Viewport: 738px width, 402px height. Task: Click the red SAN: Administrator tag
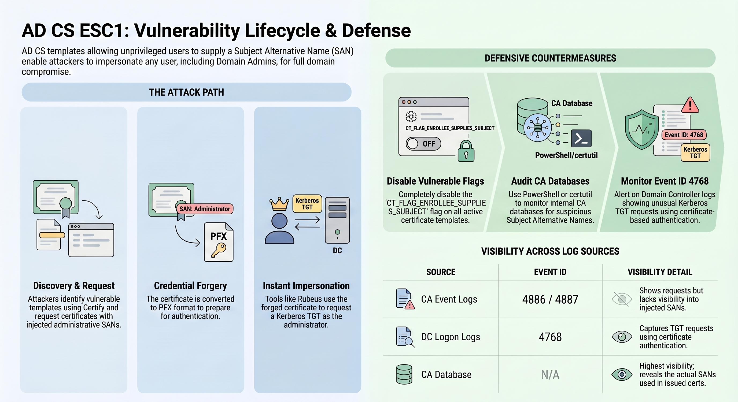click(205, 209)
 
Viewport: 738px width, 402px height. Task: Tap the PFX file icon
click(219, 242)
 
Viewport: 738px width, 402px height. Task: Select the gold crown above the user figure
click(279, 204)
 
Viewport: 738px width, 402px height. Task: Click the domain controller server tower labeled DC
click(337, 220)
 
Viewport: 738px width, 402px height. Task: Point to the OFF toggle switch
click(423, 143)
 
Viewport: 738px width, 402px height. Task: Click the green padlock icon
click(466, 151)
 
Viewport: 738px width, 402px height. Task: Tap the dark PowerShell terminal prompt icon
click(581, 138)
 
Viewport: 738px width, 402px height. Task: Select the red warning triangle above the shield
click(690, 105)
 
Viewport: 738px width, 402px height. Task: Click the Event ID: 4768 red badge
click(684, 135)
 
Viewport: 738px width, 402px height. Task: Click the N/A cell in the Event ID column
click(550, 374)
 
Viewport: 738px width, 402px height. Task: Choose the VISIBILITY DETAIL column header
click(660, 272)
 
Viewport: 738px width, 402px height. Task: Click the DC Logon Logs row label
click(450, 337)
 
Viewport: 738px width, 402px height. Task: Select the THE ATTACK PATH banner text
click(186, 92)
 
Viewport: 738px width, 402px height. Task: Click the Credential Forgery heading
click(190, 286)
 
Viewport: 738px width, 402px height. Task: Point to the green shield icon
click(642, 129)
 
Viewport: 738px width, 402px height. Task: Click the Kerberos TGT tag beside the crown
click(307, 204)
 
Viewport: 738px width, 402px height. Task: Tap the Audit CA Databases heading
click(550, 181)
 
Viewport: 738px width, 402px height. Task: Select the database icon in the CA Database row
click(404, 374)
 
